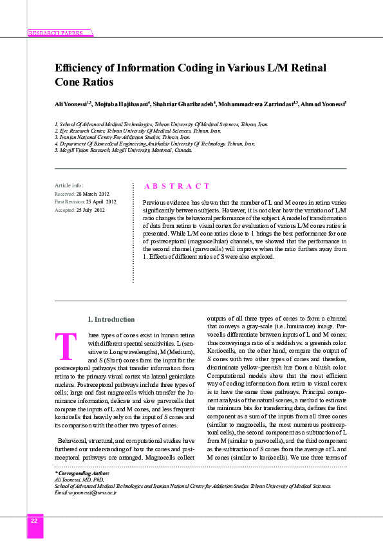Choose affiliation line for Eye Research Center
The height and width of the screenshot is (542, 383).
coord(138,130)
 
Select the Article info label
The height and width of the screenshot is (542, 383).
coord(69,185)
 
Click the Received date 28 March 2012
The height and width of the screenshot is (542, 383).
coord(82,193)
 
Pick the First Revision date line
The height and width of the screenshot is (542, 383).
coord(86,201)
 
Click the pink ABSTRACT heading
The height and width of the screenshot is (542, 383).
coord(176,186)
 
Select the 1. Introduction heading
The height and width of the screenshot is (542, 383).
coord(111,319)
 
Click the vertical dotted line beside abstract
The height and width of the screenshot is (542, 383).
coord(133,232)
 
